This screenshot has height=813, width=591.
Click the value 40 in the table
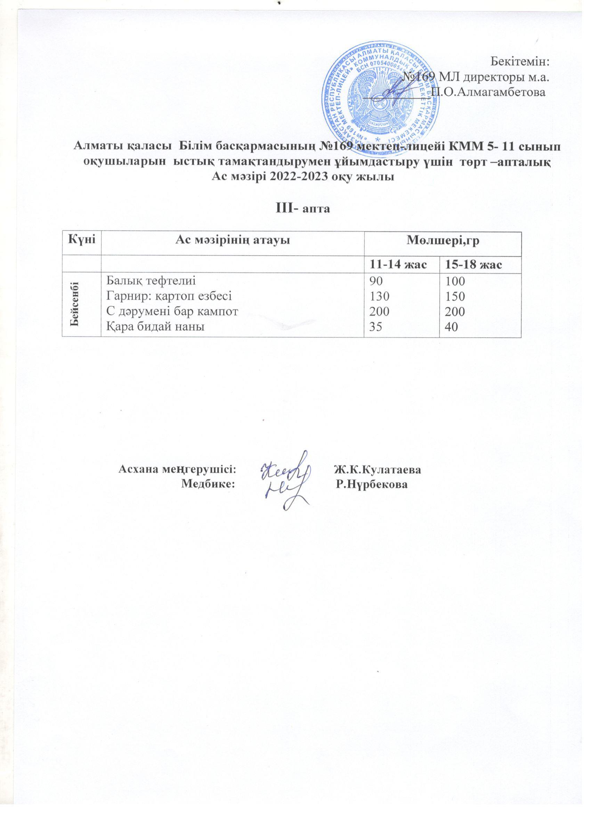pyautogui.click(x=453, y=327)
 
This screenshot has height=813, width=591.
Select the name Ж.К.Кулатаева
pyautogui.click(x=378, y=469)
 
